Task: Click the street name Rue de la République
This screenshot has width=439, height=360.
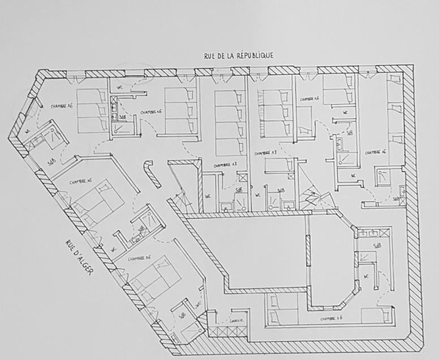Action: pos(239,55)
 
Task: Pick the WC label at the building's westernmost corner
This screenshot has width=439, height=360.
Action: pos(27,132)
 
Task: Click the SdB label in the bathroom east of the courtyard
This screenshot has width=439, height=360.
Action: pos(377,246)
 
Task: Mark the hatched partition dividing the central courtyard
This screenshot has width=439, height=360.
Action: pos(308,249)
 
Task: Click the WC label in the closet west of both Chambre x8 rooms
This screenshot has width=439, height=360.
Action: pos(208,197)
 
